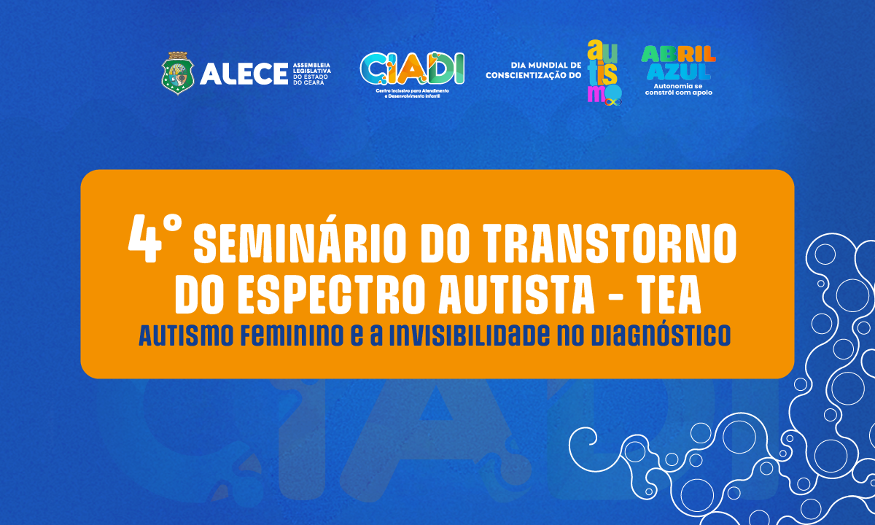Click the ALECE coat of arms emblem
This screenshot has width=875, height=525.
coord(177,73)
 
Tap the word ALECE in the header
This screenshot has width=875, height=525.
coord(243,73)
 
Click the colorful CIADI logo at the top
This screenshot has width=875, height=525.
coord(412,68)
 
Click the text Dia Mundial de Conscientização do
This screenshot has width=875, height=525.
coord(534,70)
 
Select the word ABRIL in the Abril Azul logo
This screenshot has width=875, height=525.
coord(678,55)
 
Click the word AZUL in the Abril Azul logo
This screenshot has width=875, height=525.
coord(677,71)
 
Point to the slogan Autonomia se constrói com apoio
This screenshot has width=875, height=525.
coord(678,89)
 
